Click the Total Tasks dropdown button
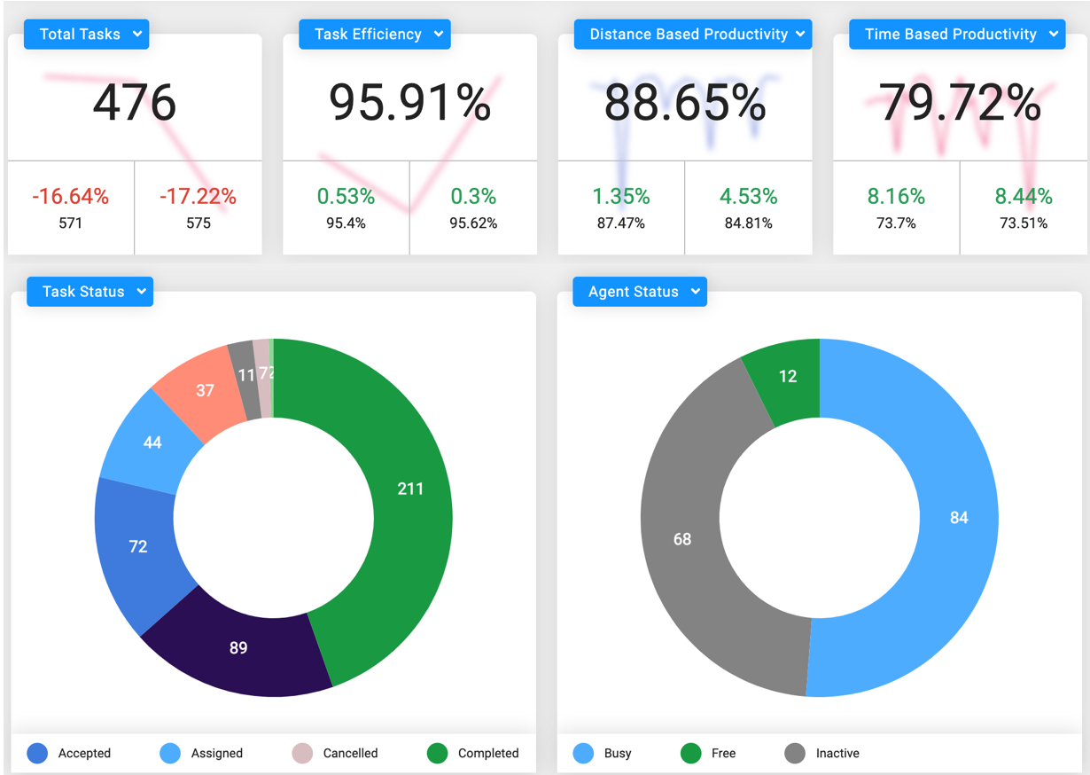[x=86, y=35]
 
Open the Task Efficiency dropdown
[x=375, y=35]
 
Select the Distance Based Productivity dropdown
[x=692, y=35]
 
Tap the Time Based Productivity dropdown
[x=956, y=35]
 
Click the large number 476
[x=135, y=103]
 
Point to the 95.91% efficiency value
[x=409, y=103]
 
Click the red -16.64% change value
[x=71, y=197]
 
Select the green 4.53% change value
[x=749, y=197]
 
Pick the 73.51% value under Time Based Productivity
[x=1024, y=223]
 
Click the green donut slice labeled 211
[x=410, y=489]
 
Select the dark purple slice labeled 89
[x=238, y=648]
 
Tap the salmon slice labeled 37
[x=205, y=390]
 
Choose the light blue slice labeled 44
[x=152, y=442]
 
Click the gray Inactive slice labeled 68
[x=682, y=539]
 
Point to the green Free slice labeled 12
[x=788, y=376]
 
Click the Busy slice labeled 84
[x=959, y=517]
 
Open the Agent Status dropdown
[x=640, y=292]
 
